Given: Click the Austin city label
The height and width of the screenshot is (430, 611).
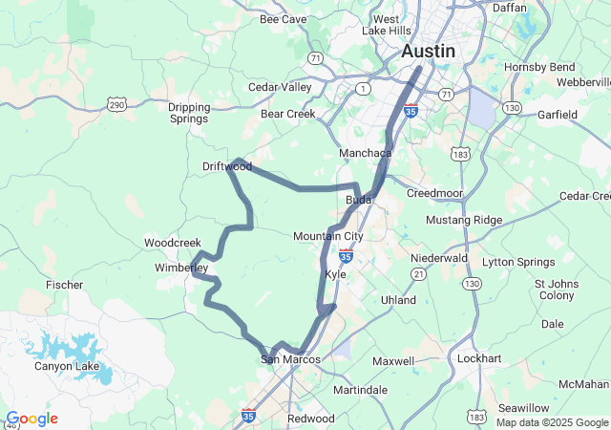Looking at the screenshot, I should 429,51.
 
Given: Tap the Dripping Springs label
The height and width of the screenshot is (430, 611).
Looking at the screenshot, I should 188,113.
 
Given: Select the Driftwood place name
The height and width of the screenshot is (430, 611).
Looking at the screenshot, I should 227,166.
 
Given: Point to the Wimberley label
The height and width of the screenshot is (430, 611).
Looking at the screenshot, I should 181,269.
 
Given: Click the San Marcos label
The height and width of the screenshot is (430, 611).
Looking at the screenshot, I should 284,359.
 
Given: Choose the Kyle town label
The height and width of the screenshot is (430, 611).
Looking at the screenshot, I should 336,274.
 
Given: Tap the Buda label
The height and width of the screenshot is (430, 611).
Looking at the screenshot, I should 358,199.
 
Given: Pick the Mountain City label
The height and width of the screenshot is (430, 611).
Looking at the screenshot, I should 328,236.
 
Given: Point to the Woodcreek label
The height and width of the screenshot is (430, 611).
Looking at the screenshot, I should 173,243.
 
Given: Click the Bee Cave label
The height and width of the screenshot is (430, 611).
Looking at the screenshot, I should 283,19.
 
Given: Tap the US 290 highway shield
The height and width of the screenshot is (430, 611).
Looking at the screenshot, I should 116,102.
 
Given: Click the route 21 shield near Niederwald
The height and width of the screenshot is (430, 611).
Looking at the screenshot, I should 418,275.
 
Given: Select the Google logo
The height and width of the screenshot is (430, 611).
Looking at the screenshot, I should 31,419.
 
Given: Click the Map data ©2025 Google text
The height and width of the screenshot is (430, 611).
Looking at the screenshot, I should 552,422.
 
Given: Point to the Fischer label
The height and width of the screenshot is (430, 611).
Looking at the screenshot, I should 64,285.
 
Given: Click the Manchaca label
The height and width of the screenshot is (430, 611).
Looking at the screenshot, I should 366,153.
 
